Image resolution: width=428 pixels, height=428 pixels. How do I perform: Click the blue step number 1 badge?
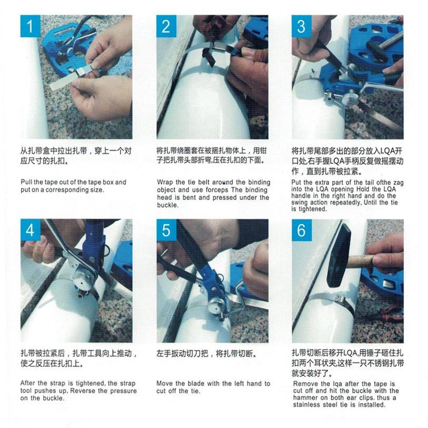point(31,26)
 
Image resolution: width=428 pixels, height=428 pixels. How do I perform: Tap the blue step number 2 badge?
point(166,26)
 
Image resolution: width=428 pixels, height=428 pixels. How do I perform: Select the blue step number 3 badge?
point(302,26)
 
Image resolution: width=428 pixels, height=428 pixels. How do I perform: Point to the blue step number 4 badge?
point(31,230)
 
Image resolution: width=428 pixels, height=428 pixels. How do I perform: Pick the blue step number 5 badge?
point(166,230)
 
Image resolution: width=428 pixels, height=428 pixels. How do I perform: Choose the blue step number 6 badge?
point(302,230)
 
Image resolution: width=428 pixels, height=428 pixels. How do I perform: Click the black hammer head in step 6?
point(339,256)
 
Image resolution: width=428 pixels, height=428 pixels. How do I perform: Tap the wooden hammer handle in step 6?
point(361,261)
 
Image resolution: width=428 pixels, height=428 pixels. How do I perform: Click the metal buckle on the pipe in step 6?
point(343,301)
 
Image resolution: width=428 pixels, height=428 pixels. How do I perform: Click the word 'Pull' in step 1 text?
point(26,182)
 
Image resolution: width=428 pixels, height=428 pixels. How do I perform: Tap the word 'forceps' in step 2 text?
point(217,190)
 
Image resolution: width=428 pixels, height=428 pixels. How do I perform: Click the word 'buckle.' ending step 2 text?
point(168,205)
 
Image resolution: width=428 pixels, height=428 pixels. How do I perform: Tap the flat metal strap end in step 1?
point(62,83)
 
